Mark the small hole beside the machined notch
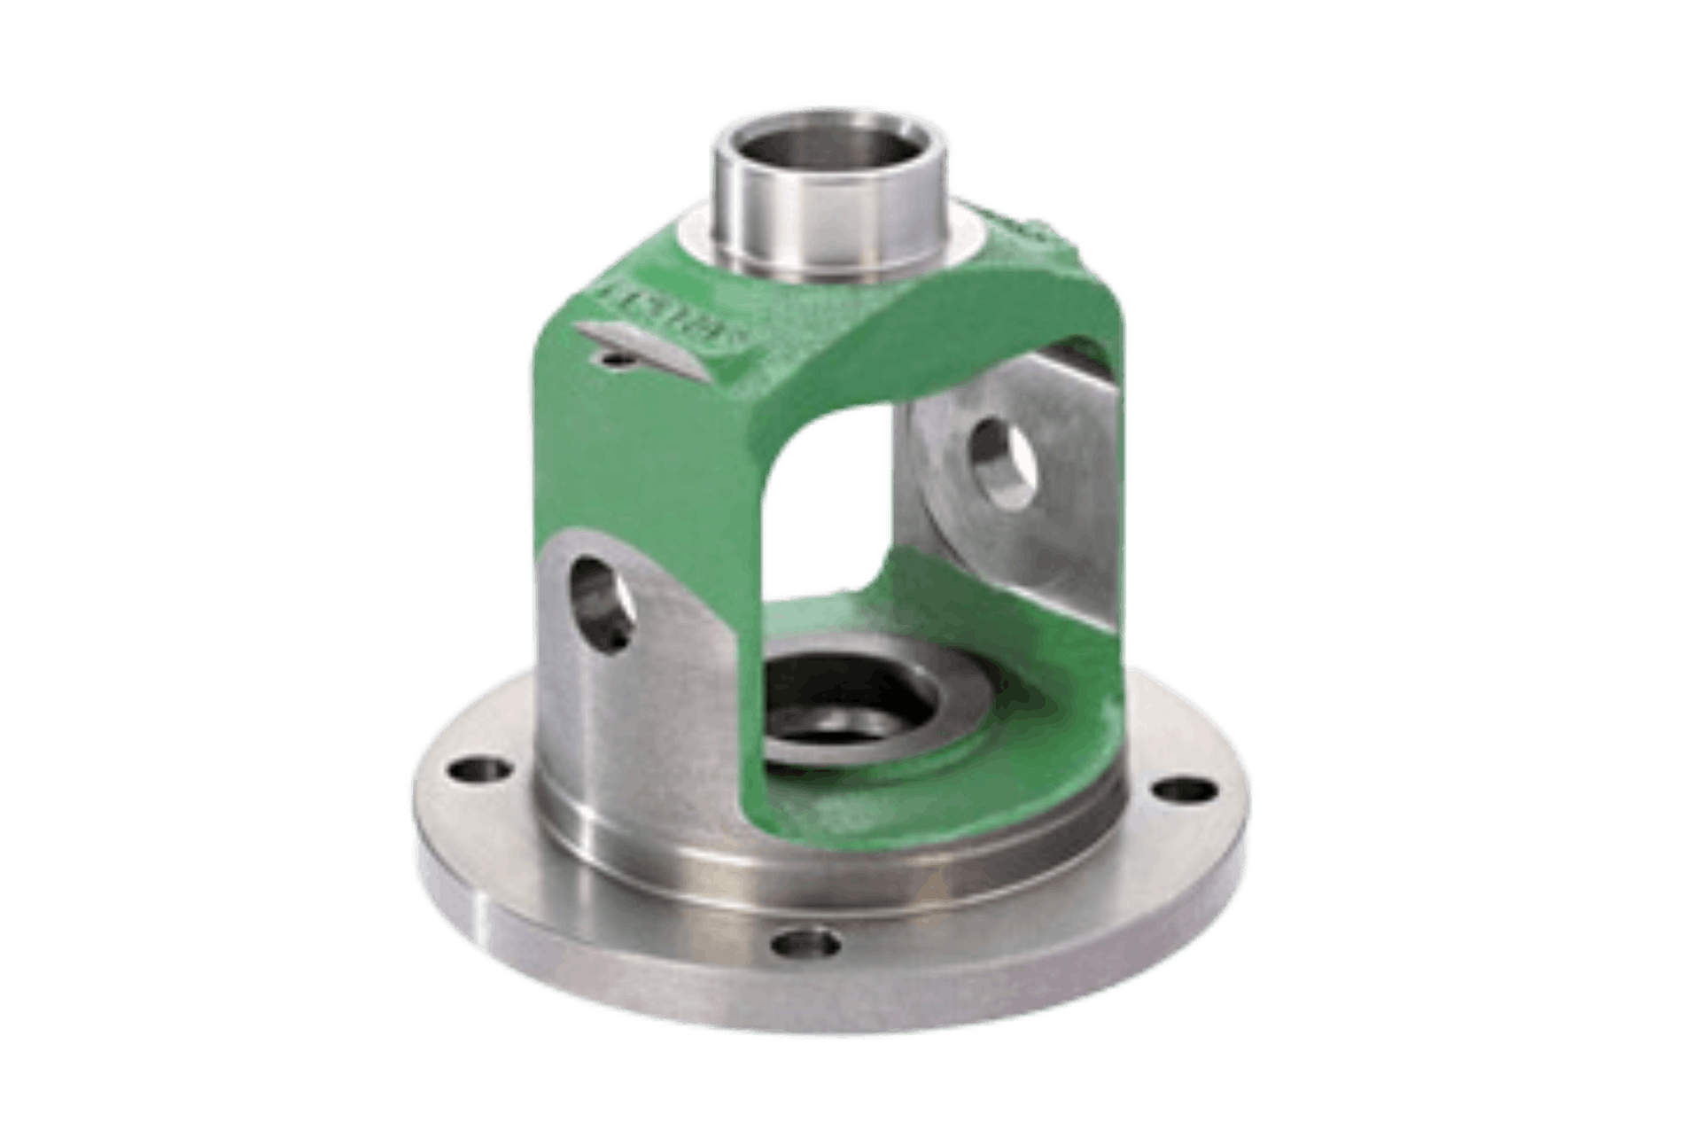pos(610,358)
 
